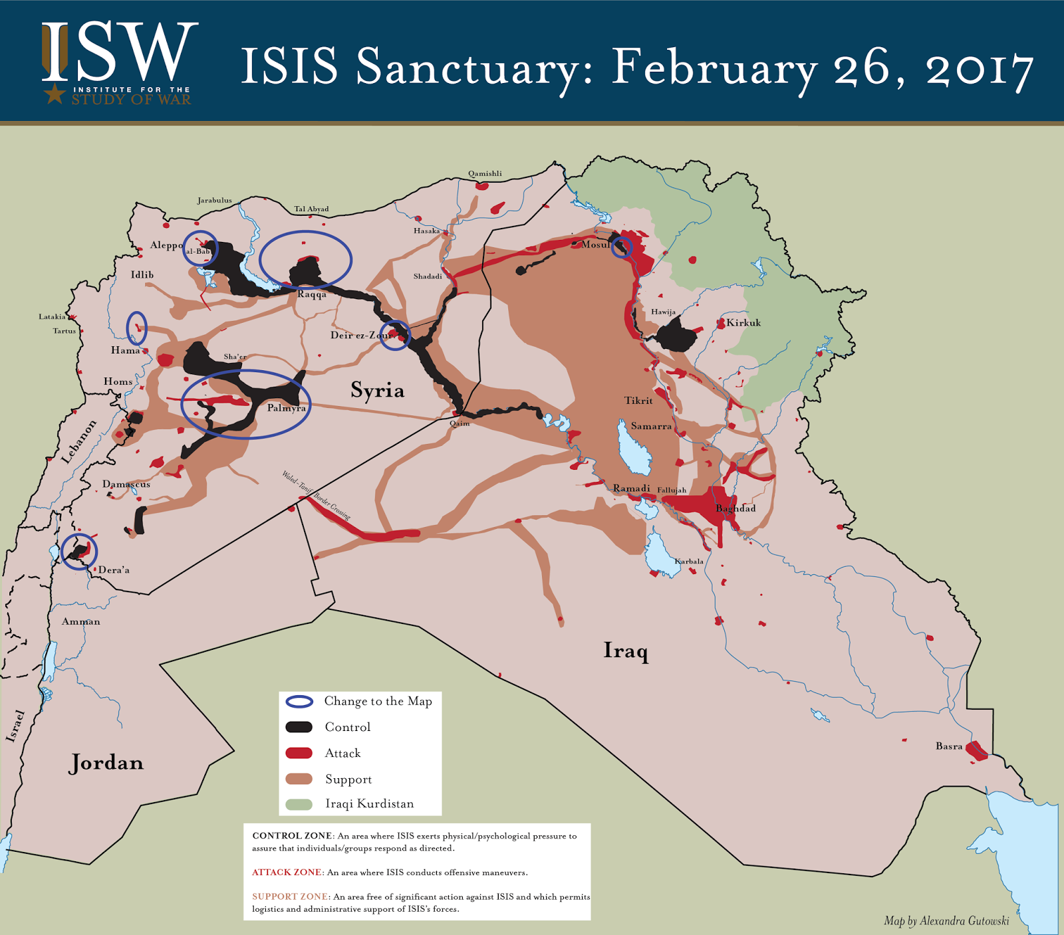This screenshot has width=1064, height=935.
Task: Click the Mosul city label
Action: click(595, 245)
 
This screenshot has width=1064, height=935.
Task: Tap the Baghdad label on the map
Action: click(735, 508)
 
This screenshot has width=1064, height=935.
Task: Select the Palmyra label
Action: click(286, 408)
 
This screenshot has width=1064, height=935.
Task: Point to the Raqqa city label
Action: click(312, 294)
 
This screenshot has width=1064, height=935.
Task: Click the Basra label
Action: click(949, 746)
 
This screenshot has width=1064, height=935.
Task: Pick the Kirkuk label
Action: click(743, 323)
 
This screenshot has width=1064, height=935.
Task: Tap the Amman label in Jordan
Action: click(81, 622)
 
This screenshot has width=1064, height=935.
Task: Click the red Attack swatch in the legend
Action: click(299, 753)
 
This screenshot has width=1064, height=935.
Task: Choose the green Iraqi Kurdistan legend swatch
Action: click(299, 804)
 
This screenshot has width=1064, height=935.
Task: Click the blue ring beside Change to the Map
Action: click(299, 702)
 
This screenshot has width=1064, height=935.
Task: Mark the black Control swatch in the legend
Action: click(299, 727)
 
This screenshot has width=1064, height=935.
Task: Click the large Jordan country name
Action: click(106, 763)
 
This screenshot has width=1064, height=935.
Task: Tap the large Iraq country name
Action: click(625, 651)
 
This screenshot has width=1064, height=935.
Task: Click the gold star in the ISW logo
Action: click(55, 94)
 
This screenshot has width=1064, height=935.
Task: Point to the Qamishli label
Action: click(485, 174)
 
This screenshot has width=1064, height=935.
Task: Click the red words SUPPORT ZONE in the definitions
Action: click(289, 896)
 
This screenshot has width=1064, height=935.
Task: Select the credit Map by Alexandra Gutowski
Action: click(946, 921)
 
